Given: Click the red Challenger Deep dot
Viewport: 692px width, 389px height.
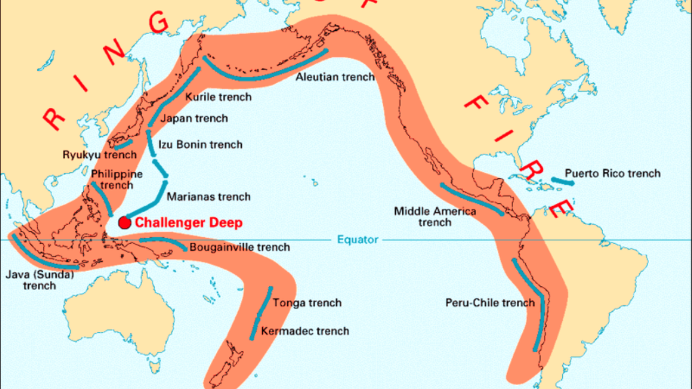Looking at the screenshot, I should pos(125,223).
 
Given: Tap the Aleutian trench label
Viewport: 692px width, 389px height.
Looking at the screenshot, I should pos(335,77).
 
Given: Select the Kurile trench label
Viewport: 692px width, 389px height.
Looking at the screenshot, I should pos(218,97).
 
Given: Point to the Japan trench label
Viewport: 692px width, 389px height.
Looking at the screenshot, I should pos(195,118).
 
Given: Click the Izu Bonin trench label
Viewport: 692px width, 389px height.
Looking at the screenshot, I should pos(200,144).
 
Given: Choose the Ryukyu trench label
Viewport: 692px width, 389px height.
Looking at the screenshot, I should pos(99,155).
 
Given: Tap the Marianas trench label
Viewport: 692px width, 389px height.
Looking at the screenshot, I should pos(208,197).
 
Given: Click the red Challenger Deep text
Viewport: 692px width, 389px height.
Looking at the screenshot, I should pos(189,223).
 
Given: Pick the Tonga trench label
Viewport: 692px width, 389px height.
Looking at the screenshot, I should pos(307,303).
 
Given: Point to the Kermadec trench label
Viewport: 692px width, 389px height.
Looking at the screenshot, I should pos(305,331).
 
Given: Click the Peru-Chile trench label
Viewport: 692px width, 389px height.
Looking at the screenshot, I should pos(490,303).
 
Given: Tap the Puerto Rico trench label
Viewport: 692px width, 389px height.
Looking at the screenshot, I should pos(613,173).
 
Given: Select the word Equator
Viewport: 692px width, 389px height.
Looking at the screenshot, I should pos(358,239).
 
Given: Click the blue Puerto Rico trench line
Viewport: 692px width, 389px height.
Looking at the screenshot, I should pos(563,182).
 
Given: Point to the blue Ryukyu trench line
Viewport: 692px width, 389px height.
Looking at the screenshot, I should pos(123,145).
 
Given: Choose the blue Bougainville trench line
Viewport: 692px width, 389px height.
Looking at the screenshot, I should pos(162,242).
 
